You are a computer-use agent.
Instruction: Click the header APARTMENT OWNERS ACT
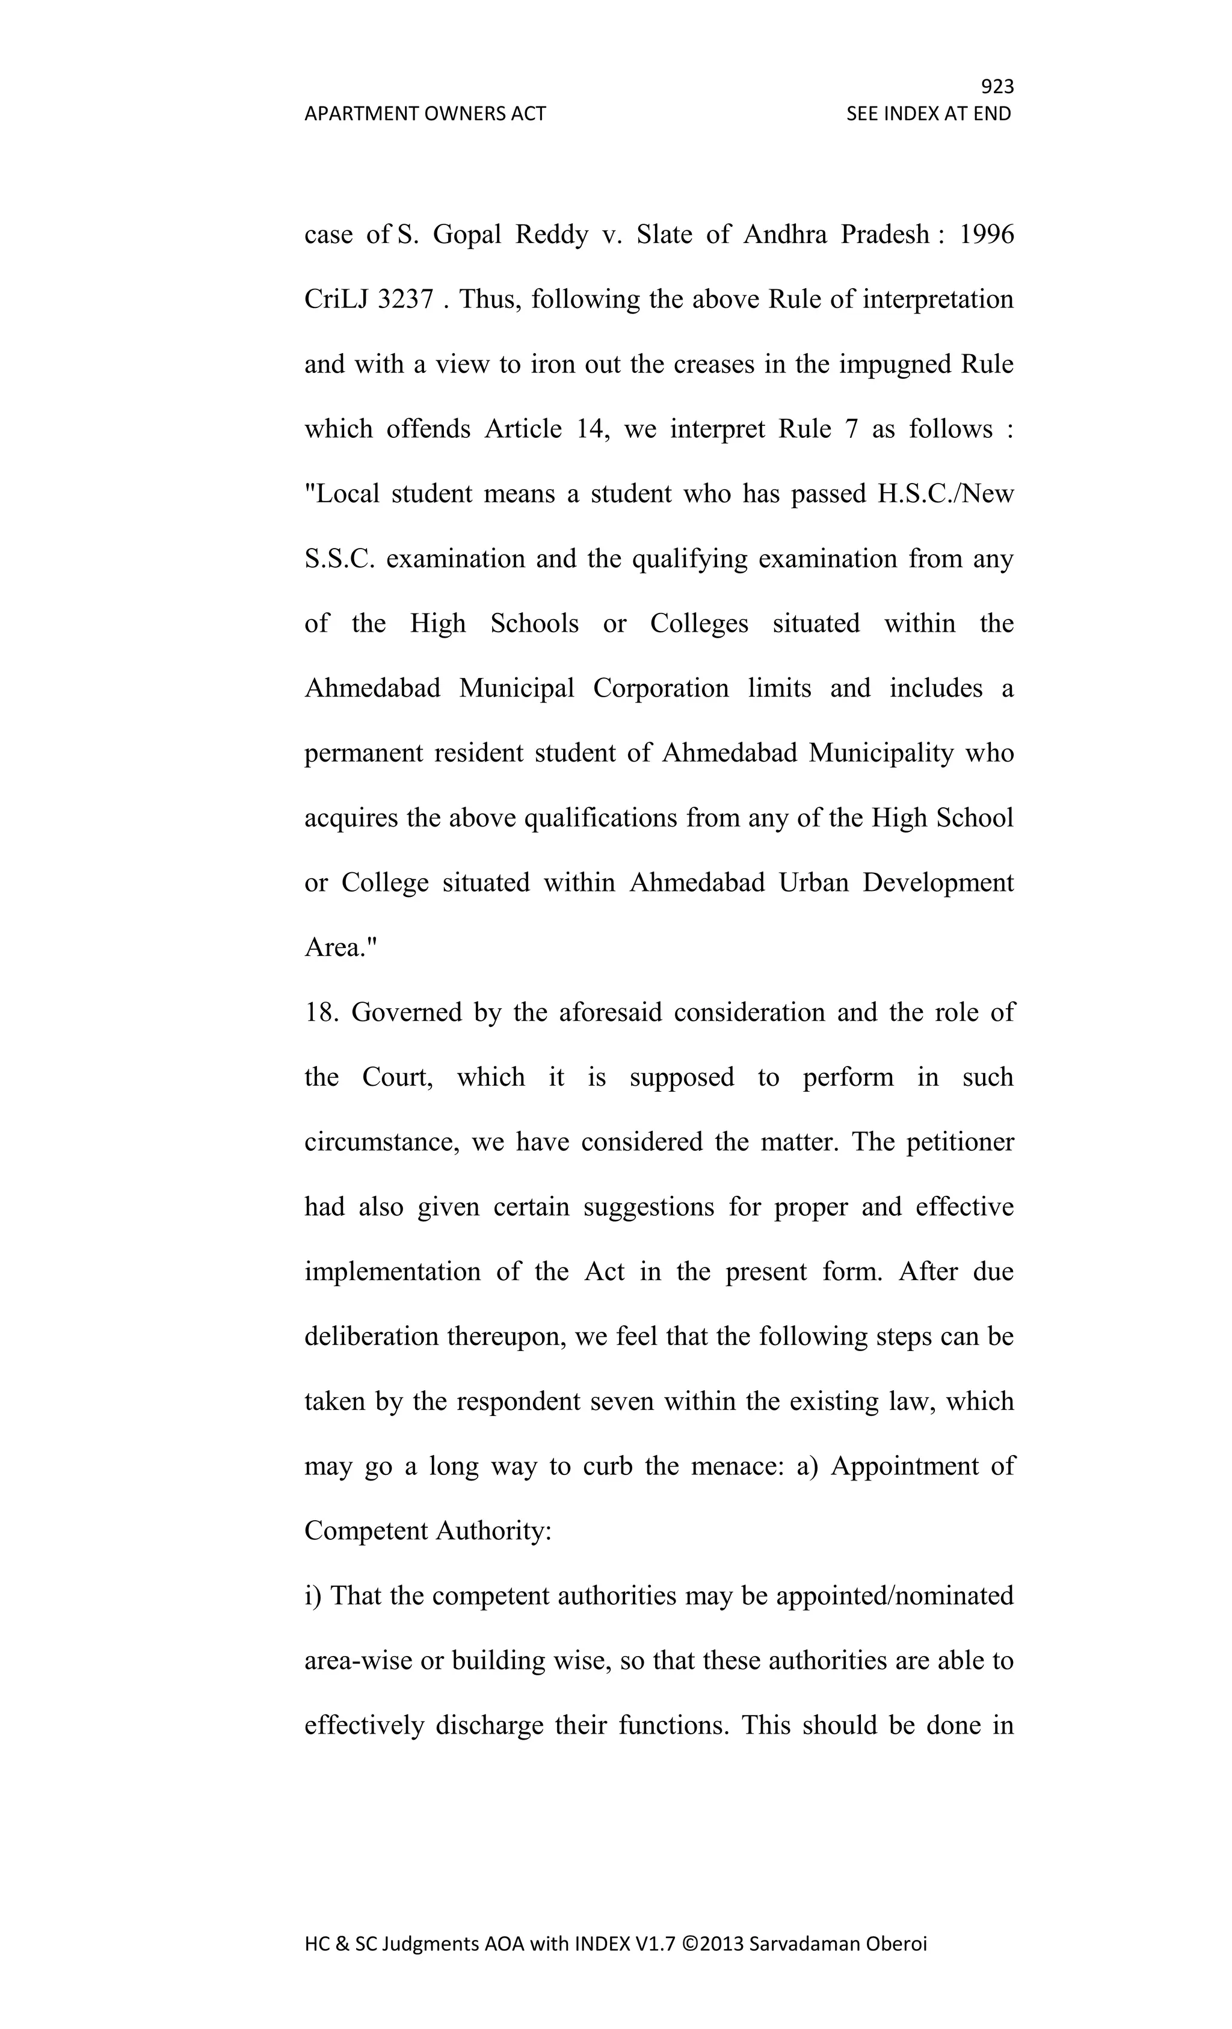(x=425, y=114)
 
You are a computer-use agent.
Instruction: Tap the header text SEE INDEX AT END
(x=928, y=114)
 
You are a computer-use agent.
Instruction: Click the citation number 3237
(x=405, y=299)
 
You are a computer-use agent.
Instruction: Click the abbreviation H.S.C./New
(x=946, y=493)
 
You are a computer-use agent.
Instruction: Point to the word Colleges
(x=699, y=623)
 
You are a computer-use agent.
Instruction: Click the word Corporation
(x=661, y=688)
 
